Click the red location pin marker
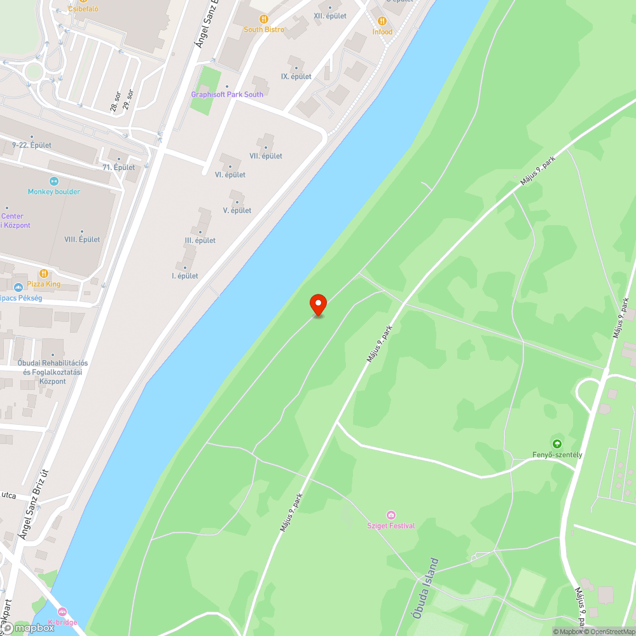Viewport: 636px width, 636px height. pyautogui.click(x=318, y=305)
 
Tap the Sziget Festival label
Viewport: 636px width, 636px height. pyautogui.click(x=391, y=525)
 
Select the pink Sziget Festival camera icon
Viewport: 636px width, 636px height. pyautogui.click(x=391, y=515)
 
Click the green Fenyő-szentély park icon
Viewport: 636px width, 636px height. pyautogui.click(x=557, y=443)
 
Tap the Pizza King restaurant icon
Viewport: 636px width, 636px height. pyautogui.click(x=44, y=273)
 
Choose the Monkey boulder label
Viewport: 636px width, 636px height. pyautogui.click(x=54, y=191)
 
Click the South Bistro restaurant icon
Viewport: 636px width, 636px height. pyautogui.click(x=264, y=20)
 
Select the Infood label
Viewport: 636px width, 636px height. pyautogui.click(x=382, y=32)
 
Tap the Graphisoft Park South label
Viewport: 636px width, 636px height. pyautogui.click(x=227, y=95)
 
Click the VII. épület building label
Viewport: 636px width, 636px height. pyautogui.click(x=266, y=156)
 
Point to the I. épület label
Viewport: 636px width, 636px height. pyautogui.click(x=185, y=275)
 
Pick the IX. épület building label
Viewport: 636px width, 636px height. pyautogui.click(x=296, y=76)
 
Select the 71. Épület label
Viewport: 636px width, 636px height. pyautogui.click(x=119, y=167)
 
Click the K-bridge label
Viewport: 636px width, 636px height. pyautogui.click(x=61, y=623)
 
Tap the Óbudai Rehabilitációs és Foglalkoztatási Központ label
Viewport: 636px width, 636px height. pyautogui.click(x=53, y=372)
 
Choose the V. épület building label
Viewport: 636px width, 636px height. pyautogui.click(x=237, y=211)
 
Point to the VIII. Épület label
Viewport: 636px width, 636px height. pyautogui.click(x=82, y=239)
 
